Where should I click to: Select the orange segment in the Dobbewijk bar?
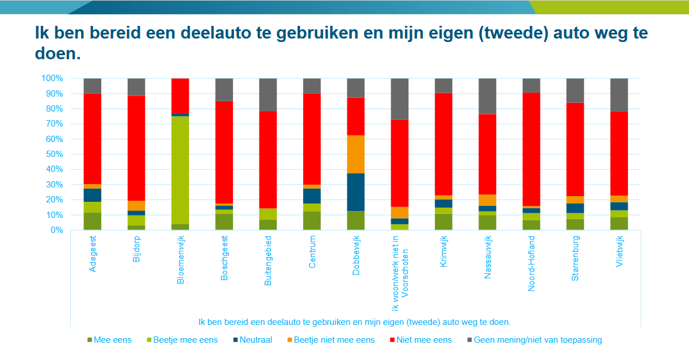[355, 154]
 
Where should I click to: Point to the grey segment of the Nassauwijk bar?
[487, 96]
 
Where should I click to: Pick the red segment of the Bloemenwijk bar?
[180, 95]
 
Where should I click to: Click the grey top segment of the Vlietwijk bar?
[619, 94]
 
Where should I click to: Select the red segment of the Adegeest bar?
[93, 139]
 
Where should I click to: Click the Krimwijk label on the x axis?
[443, 252]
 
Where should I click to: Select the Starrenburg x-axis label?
[575, 257]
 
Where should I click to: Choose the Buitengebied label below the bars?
[268, 259]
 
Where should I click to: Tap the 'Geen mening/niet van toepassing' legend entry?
[537, 340]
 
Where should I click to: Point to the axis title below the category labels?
[354, 321]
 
